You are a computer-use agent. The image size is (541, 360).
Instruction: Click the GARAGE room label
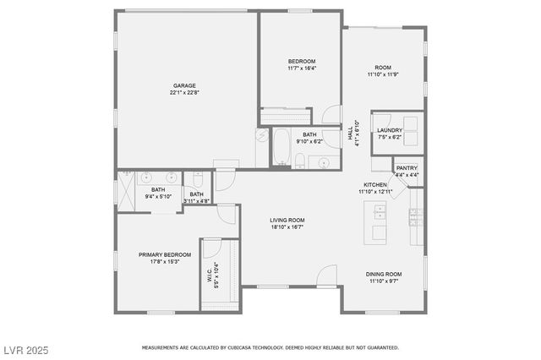[185, 85]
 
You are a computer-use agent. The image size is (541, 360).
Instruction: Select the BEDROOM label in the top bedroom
[302, 62]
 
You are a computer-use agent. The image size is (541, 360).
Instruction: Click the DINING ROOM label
[383, 274]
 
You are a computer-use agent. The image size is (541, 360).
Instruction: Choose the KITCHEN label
[375, 184]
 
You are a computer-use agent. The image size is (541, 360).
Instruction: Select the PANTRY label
[406, 167]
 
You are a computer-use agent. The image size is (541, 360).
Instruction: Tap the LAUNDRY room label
[390, 130]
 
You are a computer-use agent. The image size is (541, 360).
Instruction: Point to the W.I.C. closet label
[208, 272]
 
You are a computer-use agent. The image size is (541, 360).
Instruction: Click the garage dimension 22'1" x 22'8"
[185, 93]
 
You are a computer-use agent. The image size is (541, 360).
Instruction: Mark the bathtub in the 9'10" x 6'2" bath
[280, 146]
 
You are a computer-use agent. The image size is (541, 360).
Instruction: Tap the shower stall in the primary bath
[128, 189]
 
